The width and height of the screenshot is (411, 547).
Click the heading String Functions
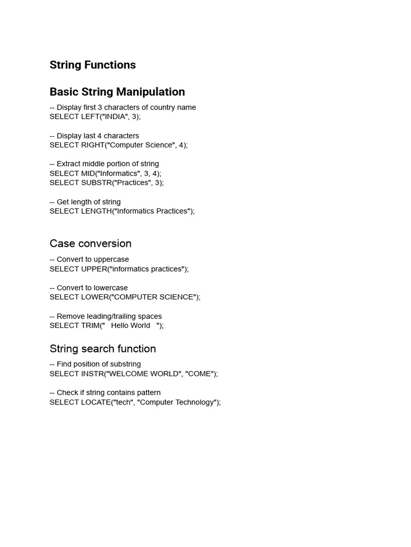[93, 65]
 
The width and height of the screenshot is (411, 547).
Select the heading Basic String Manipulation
[117, 92]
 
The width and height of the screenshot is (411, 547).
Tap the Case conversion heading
[90, 244]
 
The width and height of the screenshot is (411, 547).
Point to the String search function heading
[103, 349]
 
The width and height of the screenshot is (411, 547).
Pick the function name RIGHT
[93, 145]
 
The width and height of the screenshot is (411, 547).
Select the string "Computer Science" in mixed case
[141, 145]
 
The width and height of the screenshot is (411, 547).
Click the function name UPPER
[94, 269]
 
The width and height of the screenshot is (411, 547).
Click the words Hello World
[131, 325]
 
